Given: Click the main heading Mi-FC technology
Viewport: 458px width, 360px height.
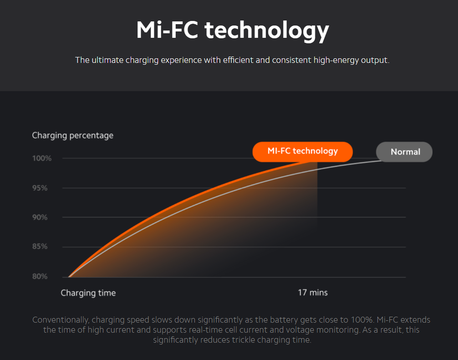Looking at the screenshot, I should pos(232,30).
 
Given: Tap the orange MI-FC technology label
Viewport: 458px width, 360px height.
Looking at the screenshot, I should pos(303,151).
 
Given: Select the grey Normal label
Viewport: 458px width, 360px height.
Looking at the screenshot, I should pos(405,152).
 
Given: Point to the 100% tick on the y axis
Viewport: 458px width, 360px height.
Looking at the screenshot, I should pos(42,159).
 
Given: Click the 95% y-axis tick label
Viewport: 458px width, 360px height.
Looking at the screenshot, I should pos(40,188).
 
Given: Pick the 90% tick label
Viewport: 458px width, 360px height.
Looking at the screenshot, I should pos(40,217).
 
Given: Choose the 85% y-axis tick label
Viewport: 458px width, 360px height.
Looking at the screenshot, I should pos(40,247).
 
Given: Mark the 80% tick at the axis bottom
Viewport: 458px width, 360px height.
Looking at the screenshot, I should pos(40,276).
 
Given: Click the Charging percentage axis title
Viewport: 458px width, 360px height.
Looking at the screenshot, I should pos(72,135).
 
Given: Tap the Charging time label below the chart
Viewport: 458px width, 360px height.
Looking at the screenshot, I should pos(88,293).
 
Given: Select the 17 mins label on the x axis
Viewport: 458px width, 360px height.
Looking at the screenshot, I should pos(313,293).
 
